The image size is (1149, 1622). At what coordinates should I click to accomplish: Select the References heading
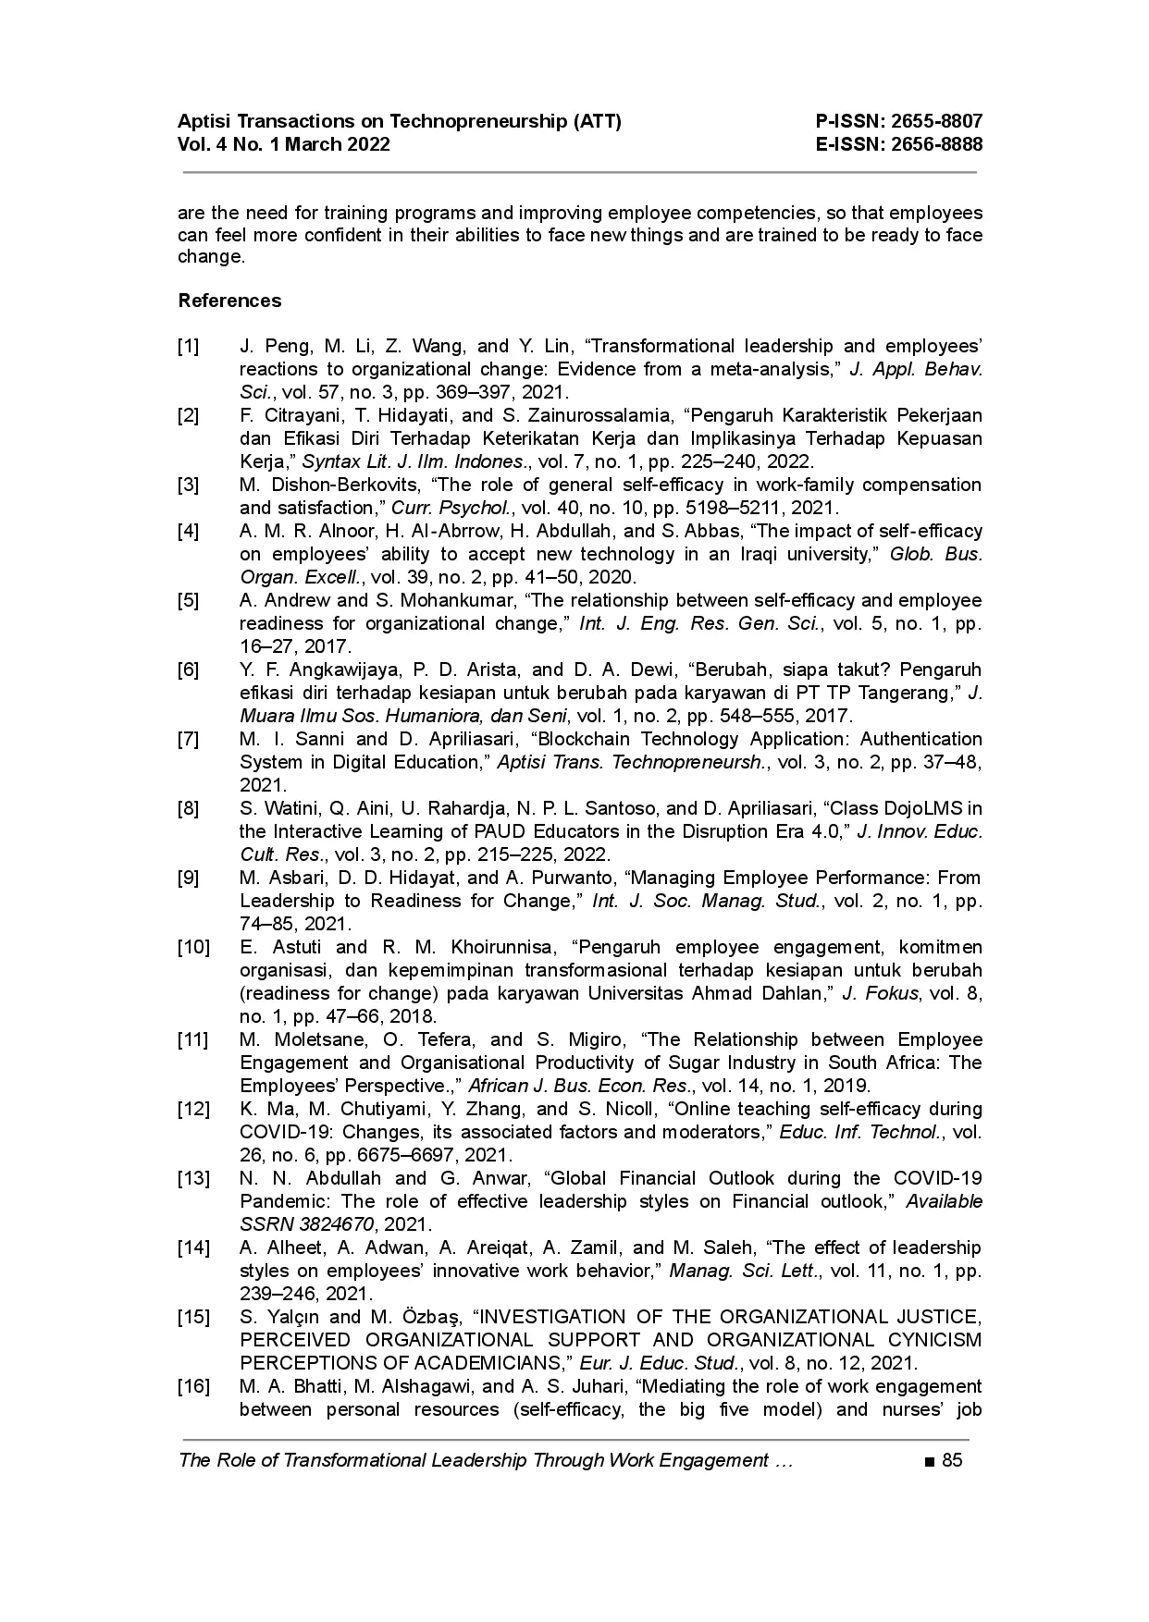click(229, 301)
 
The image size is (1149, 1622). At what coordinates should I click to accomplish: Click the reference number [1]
click(188, 347)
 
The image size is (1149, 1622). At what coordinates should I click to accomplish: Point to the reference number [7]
click(188, 740)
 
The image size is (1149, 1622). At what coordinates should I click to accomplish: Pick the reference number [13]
click(192, 1179)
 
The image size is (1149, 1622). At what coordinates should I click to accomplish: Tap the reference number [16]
click(192, 1387)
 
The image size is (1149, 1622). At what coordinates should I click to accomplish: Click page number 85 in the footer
click(952, 1461)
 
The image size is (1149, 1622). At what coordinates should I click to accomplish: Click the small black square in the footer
click(928, 1462)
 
